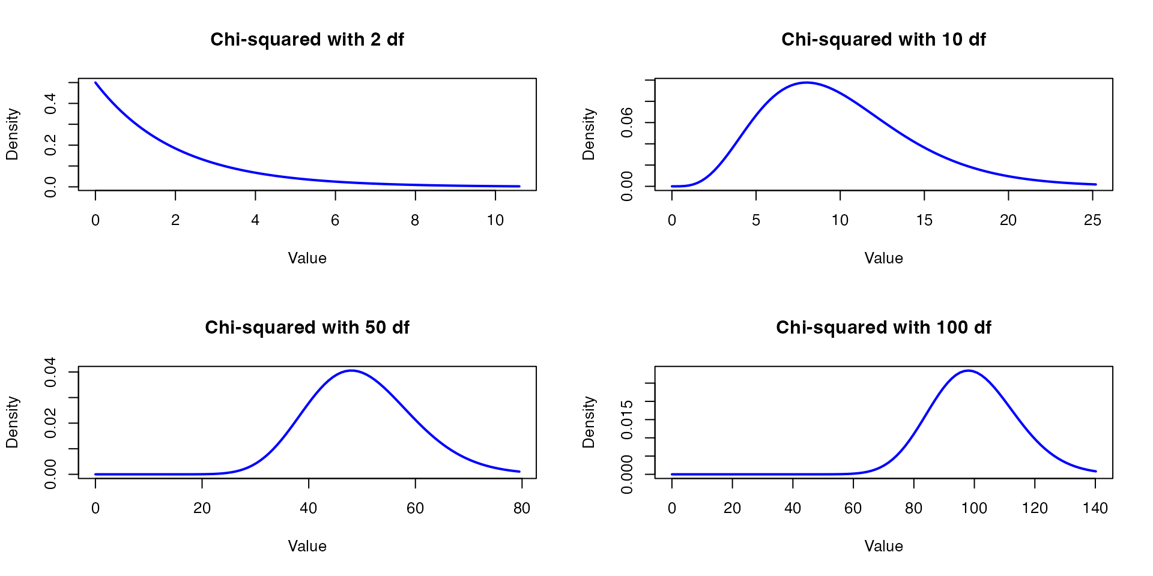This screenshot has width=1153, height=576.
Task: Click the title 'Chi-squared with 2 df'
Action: pyautogui.click(x=307, y=40)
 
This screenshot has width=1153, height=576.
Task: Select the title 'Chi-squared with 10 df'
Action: pyautogui.click(x=883, y=40)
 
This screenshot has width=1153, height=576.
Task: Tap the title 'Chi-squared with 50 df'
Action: pyautogui.click(x=307, y=328)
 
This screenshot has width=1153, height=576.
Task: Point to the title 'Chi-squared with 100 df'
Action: pyautogui.click(x=883, y=328)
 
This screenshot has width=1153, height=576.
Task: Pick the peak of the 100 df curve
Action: pyautogui.click(x=968, y=371)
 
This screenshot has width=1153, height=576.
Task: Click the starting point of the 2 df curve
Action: pyautogui.click(x=95, y=83)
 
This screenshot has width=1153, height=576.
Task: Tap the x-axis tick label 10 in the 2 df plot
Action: pyautogui.click(x=495, y=221)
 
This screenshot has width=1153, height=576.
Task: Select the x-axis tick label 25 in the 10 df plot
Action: pyautogui.click(x=1092, y=221)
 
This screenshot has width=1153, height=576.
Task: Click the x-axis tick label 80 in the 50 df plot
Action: pyautogui.click(x=521, y=509)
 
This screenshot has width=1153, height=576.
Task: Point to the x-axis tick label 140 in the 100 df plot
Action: pyautogui.click(x=1095, y=509)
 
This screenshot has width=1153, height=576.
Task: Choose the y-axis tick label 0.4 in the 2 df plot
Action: pyautogui.click(x=50, y=104)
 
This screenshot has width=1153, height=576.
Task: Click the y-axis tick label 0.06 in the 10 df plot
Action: pyautogui.click(x=627, y=122)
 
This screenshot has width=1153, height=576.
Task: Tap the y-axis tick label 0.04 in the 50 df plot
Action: pyautogui.click(x=50, y=372)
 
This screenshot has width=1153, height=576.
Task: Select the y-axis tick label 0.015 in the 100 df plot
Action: pyautogui.click(x=627, y=419)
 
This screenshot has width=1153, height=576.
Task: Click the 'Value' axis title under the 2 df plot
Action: pyautogui.click(x=307, y=259)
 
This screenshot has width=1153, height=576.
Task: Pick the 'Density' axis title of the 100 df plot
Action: pyautogui.click(x=589, y=422)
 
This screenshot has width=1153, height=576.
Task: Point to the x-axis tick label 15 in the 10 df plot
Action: pyautogui.click(x=924, y=221)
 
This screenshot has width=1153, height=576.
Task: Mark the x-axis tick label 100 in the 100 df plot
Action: pyautogui.click(x=974, y=509)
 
